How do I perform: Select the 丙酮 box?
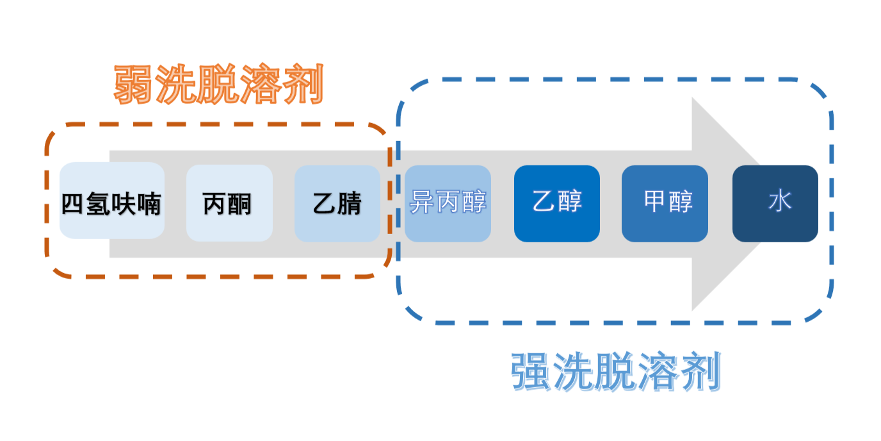click(x=229, y=203)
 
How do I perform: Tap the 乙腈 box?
click(x=337, y=203)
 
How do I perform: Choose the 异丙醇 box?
click(x=448, y=203)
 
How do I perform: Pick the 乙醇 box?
click(x=556, y=203)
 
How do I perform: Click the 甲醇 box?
click(x=665, y=203)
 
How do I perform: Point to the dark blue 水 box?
click(x=775, y=203)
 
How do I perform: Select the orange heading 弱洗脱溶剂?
click(x=218, y=85)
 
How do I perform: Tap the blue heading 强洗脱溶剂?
click(x=616, y=371)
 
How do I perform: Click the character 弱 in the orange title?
click(x=135, y=85)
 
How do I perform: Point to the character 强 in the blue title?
click(x=532, y=371)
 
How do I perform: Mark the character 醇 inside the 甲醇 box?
click(x=681, y=202)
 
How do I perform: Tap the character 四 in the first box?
click(x=74, y=204)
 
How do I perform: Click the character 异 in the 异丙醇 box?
click(x=422, y=202)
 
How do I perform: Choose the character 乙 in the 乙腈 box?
click(x=325, y=204)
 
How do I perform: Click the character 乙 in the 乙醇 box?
click(x=544, y=202)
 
